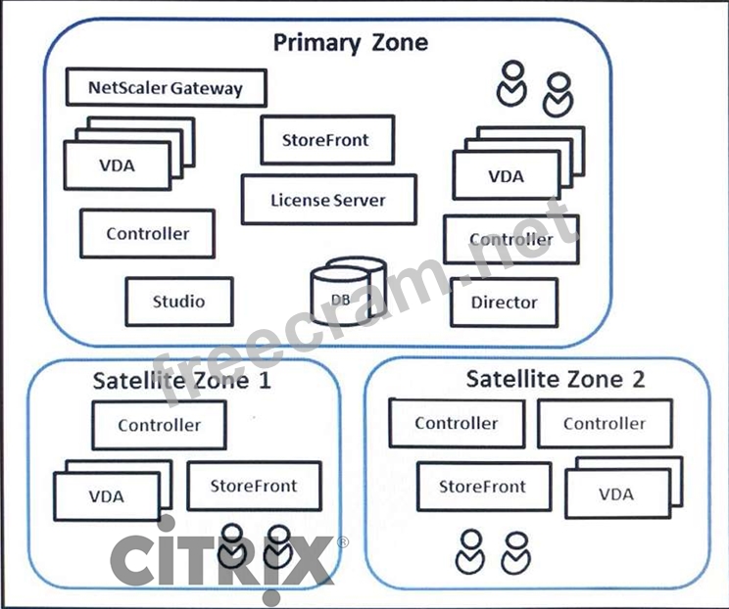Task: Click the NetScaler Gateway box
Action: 166,88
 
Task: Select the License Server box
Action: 328,200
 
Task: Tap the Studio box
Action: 179,301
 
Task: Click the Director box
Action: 504,303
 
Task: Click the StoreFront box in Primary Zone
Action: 327,140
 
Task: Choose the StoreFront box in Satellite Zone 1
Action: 254,486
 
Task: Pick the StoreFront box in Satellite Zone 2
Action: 482,487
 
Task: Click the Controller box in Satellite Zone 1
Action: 159,425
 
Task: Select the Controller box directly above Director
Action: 510,240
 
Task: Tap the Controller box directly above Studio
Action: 148,234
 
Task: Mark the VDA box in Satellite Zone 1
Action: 106,496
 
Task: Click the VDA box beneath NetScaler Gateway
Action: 116,165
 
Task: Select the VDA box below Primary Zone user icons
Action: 506,177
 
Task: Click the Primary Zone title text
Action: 350,42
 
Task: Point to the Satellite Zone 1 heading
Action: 181,380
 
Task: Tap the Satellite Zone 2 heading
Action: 555,379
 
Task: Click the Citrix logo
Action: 220,561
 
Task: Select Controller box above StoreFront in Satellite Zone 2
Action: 456,424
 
